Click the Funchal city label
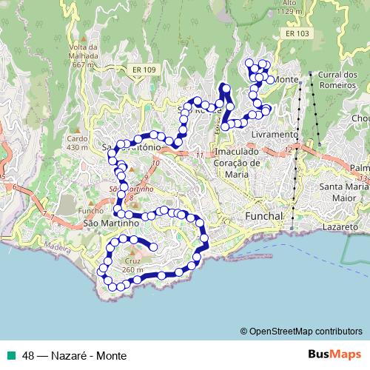263,215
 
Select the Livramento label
275,135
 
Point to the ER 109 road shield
145,70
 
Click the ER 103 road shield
297,34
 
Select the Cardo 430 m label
77,142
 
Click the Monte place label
286,79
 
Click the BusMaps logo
334,354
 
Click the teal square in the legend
12,355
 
